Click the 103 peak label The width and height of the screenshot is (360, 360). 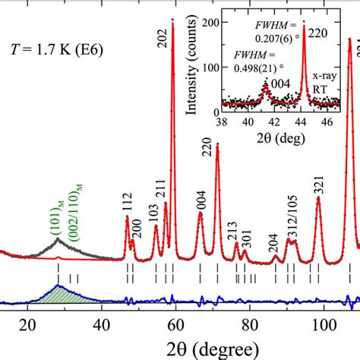tap(154, 212)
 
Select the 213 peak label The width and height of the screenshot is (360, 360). tap(236, 229)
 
